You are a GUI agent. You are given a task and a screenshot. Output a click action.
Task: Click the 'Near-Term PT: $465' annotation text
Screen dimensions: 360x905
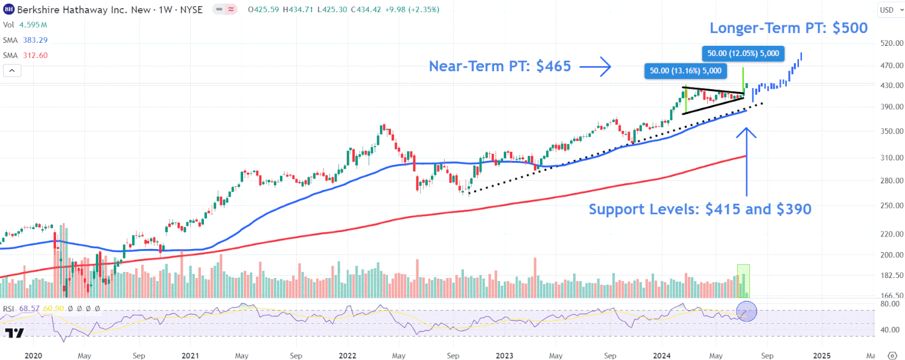[x=500, y=66]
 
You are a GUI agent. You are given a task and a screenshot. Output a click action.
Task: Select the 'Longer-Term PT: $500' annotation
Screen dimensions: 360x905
[x=789, y=28]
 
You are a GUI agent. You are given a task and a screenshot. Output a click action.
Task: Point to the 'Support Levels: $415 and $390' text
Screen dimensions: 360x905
[x=700, y=209]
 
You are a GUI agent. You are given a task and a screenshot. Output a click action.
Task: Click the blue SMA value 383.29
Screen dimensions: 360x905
[x=34, y=40]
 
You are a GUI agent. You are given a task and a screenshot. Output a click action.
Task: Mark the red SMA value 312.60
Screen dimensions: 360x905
[x=34, y=55]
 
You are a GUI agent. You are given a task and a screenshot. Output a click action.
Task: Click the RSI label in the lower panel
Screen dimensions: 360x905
[x=9, y=309]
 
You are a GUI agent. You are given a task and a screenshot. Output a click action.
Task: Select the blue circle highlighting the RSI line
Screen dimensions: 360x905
[x=746, y=311]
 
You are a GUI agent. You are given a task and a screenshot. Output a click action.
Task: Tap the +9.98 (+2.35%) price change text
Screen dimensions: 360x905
[x=411, y=10]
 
